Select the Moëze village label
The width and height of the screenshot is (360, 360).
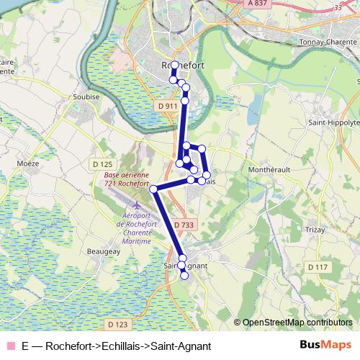(x=28, y=163)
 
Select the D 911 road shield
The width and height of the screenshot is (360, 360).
(x=166, y=107)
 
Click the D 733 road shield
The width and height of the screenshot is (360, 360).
(x=184, y=225)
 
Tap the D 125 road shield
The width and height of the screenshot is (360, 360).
(x=103, y=164)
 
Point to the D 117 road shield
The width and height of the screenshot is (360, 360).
(x=317, y=267)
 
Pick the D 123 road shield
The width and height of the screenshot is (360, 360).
(x=116, y=325)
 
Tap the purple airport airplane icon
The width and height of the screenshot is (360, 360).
(x=138, y=207)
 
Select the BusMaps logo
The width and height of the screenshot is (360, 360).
(x=325, y=346)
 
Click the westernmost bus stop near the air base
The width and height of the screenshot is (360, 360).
(x=153, y=189)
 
